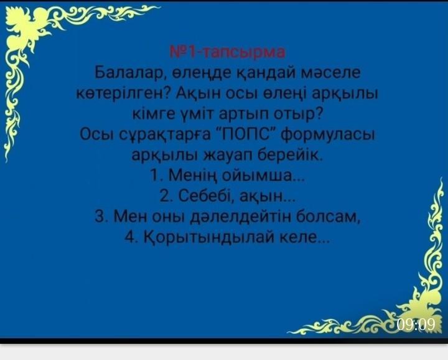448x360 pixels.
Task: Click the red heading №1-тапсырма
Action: [227, 52]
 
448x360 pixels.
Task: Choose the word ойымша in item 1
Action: [259, 176]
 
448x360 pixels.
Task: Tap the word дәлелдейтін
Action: [241, 217]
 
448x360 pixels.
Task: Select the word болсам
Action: [327, 217]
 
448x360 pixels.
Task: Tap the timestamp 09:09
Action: [416, 324]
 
